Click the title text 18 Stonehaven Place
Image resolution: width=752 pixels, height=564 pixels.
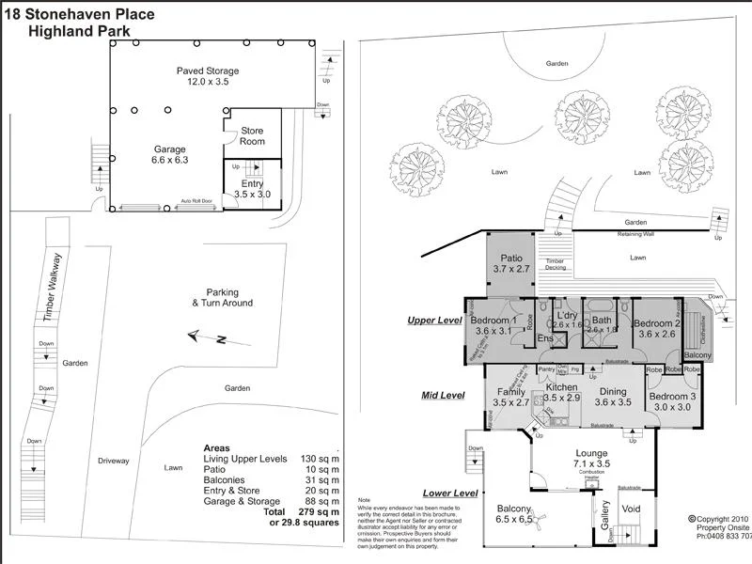pos(80,14)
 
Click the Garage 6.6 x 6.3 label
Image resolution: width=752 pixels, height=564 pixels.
pos(170,154)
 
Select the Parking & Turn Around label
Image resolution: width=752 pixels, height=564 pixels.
pos(222,297)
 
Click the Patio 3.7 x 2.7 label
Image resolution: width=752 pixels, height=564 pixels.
pos(511,263)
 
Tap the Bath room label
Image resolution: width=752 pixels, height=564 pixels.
pos(602,324)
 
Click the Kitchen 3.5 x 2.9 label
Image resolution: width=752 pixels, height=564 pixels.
pos(561,392)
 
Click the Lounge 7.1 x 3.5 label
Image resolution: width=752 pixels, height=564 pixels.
pos(592,458)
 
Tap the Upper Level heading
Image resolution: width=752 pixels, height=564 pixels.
pos(434,321)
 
